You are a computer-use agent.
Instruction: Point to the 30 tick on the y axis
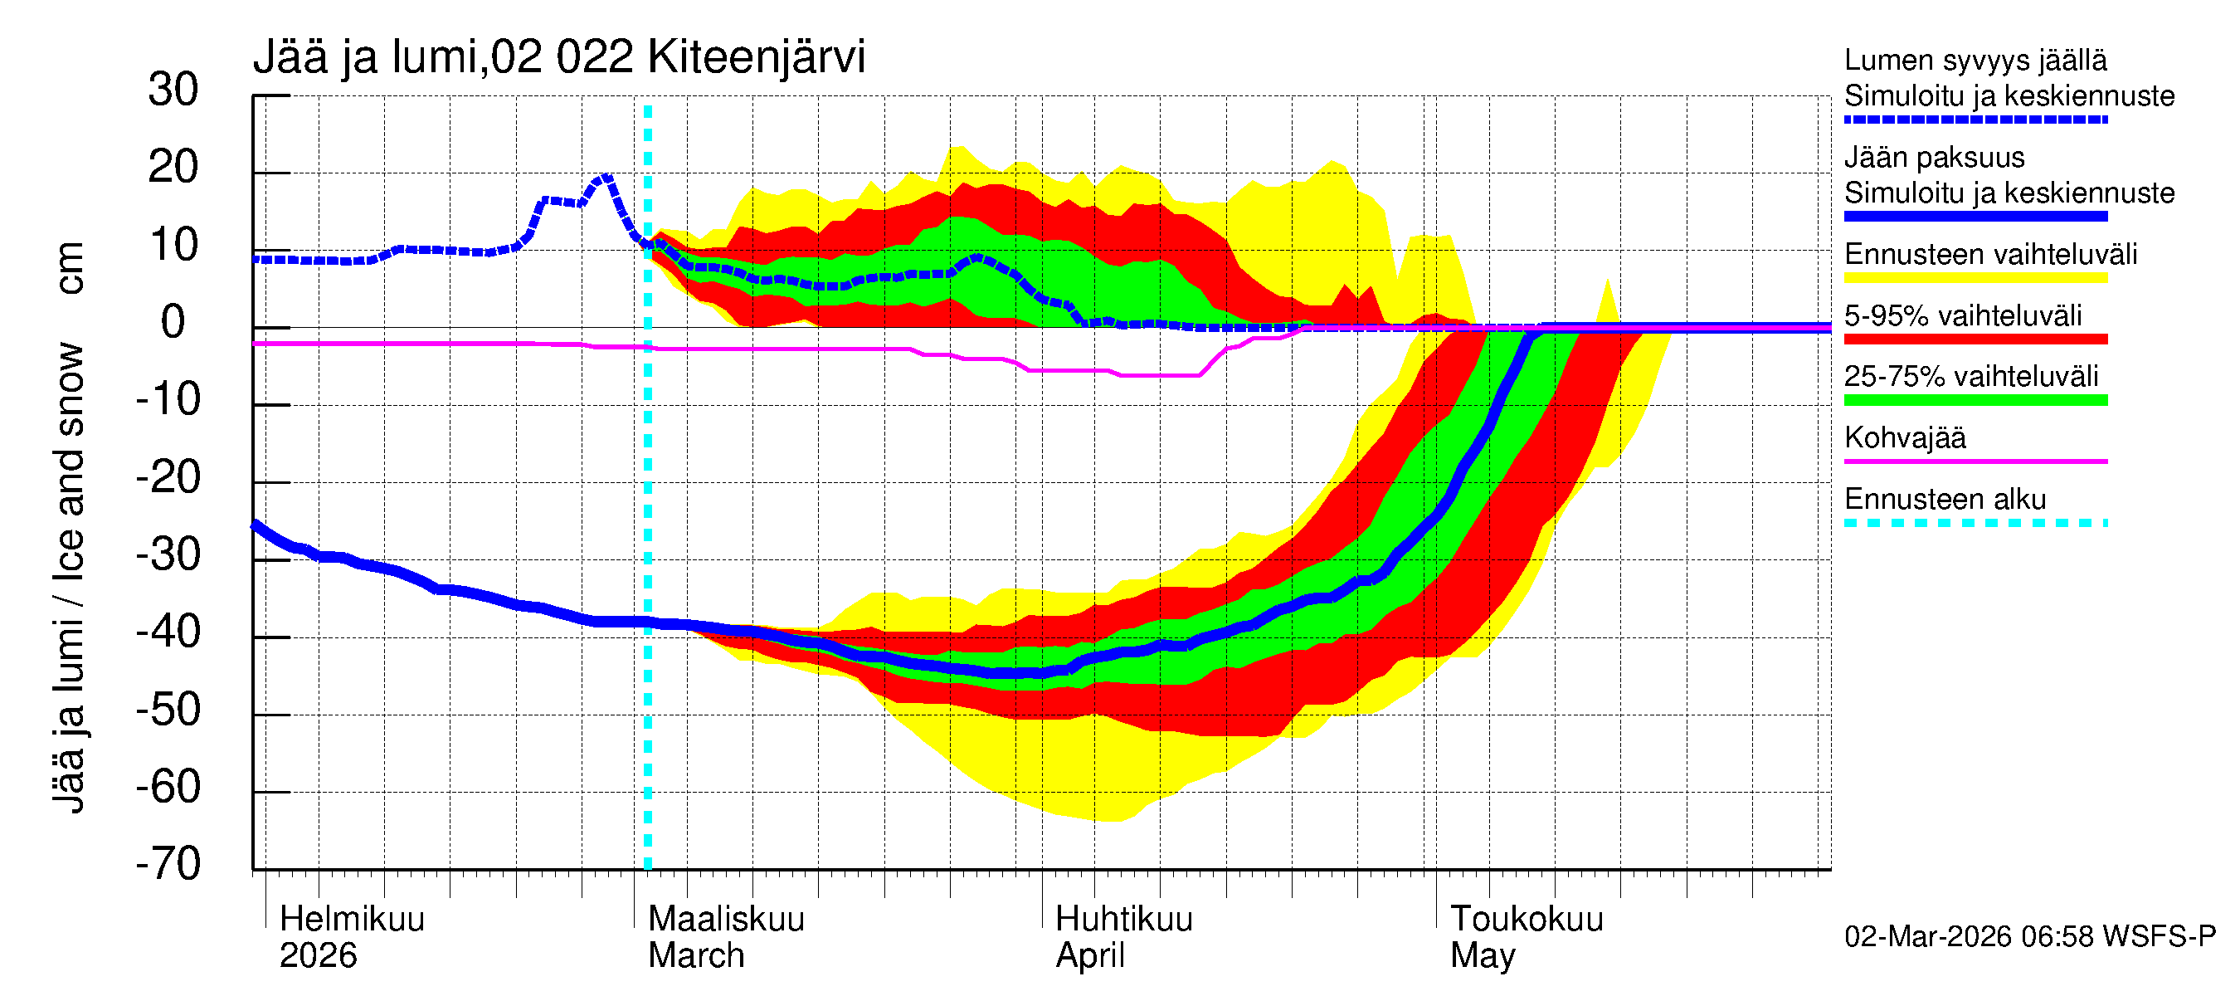click(173, 90)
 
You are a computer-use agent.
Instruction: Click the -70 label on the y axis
click(168, 864)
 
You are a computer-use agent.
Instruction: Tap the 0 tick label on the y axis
click(173, 322)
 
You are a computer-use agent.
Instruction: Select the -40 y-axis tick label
click(168, 632)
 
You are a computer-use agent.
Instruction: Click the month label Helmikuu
click(352, 919)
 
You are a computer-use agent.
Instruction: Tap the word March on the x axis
click(696, 955)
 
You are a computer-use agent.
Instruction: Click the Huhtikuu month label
click(1122, 919)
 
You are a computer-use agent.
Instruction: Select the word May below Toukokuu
click(1482, 955)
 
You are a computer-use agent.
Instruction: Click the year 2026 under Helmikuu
click(319, 955)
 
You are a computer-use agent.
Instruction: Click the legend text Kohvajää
click(1904, 437)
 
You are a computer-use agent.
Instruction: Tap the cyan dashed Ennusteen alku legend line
click(1975, 523)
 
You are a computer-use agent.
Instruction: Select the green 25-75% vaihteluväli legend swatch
click(1975, 400)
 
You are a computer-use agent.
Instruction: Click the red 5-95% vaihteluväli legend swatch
click(1975, 339)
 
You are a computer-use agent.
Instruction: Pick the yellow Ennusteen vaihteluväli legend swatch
click(1975, 277)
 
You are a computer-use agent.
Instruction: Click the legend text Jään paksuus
click(1934, 158)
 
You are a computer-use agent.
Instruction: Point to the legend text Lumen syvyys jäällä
click(1975, 60)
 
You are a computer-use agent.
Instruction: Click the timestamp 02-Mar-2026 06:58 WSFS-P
click(2029, 936)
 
